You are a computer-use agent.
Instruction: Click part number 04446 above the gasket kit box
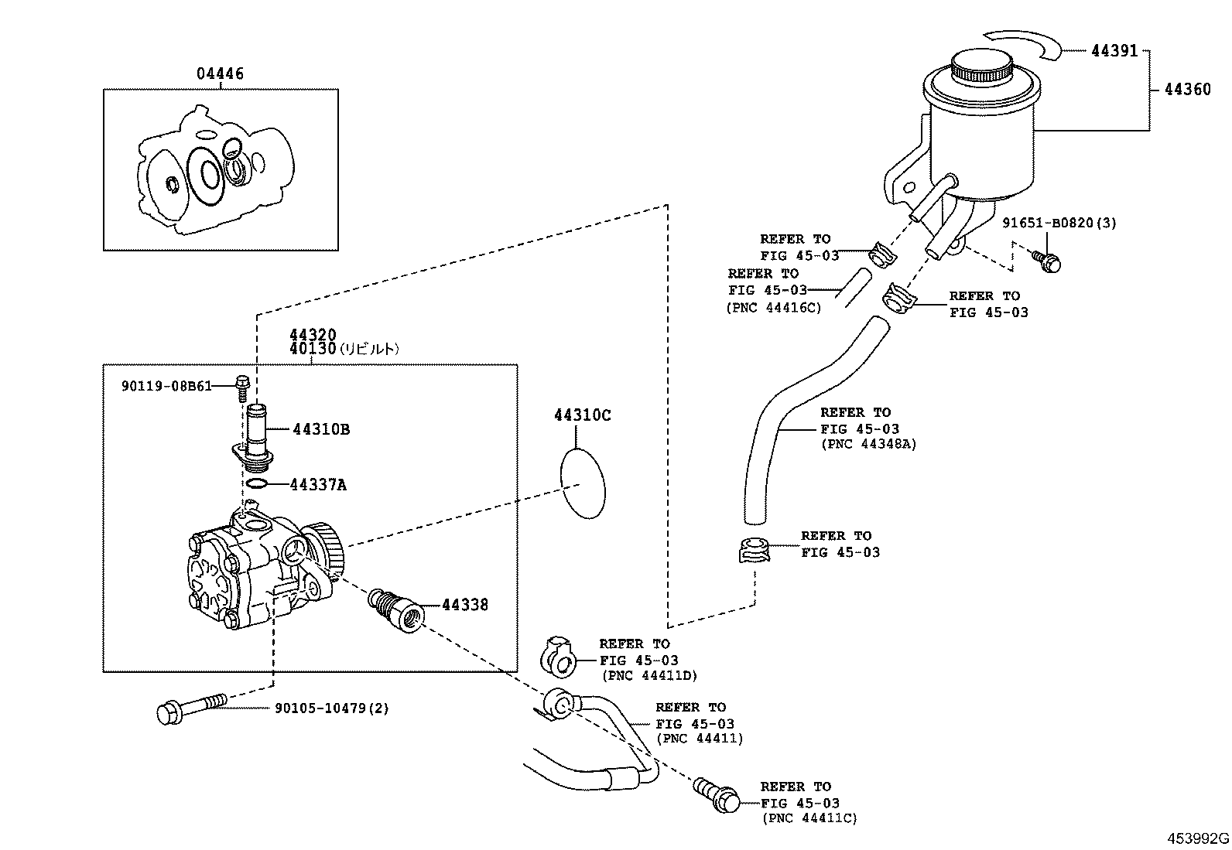219,74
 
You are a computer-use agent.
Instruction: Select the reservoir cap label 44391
1114,51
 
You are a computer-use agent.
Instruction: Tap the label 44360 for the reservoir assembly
1187,90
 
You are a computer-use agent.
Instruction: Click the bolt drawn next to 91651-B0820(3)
1047,261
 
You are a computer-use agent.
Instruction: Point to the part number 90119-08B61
166,385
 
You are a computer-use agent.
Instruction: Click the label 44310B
320,429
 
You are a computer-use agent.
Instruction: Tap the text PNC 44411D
649,676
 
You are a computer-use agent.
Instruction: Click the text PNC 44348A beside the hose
868,445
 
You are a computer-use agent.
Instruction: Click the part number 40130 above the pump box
313,349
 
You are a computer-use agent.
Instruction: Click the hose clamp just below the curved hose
753,550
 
